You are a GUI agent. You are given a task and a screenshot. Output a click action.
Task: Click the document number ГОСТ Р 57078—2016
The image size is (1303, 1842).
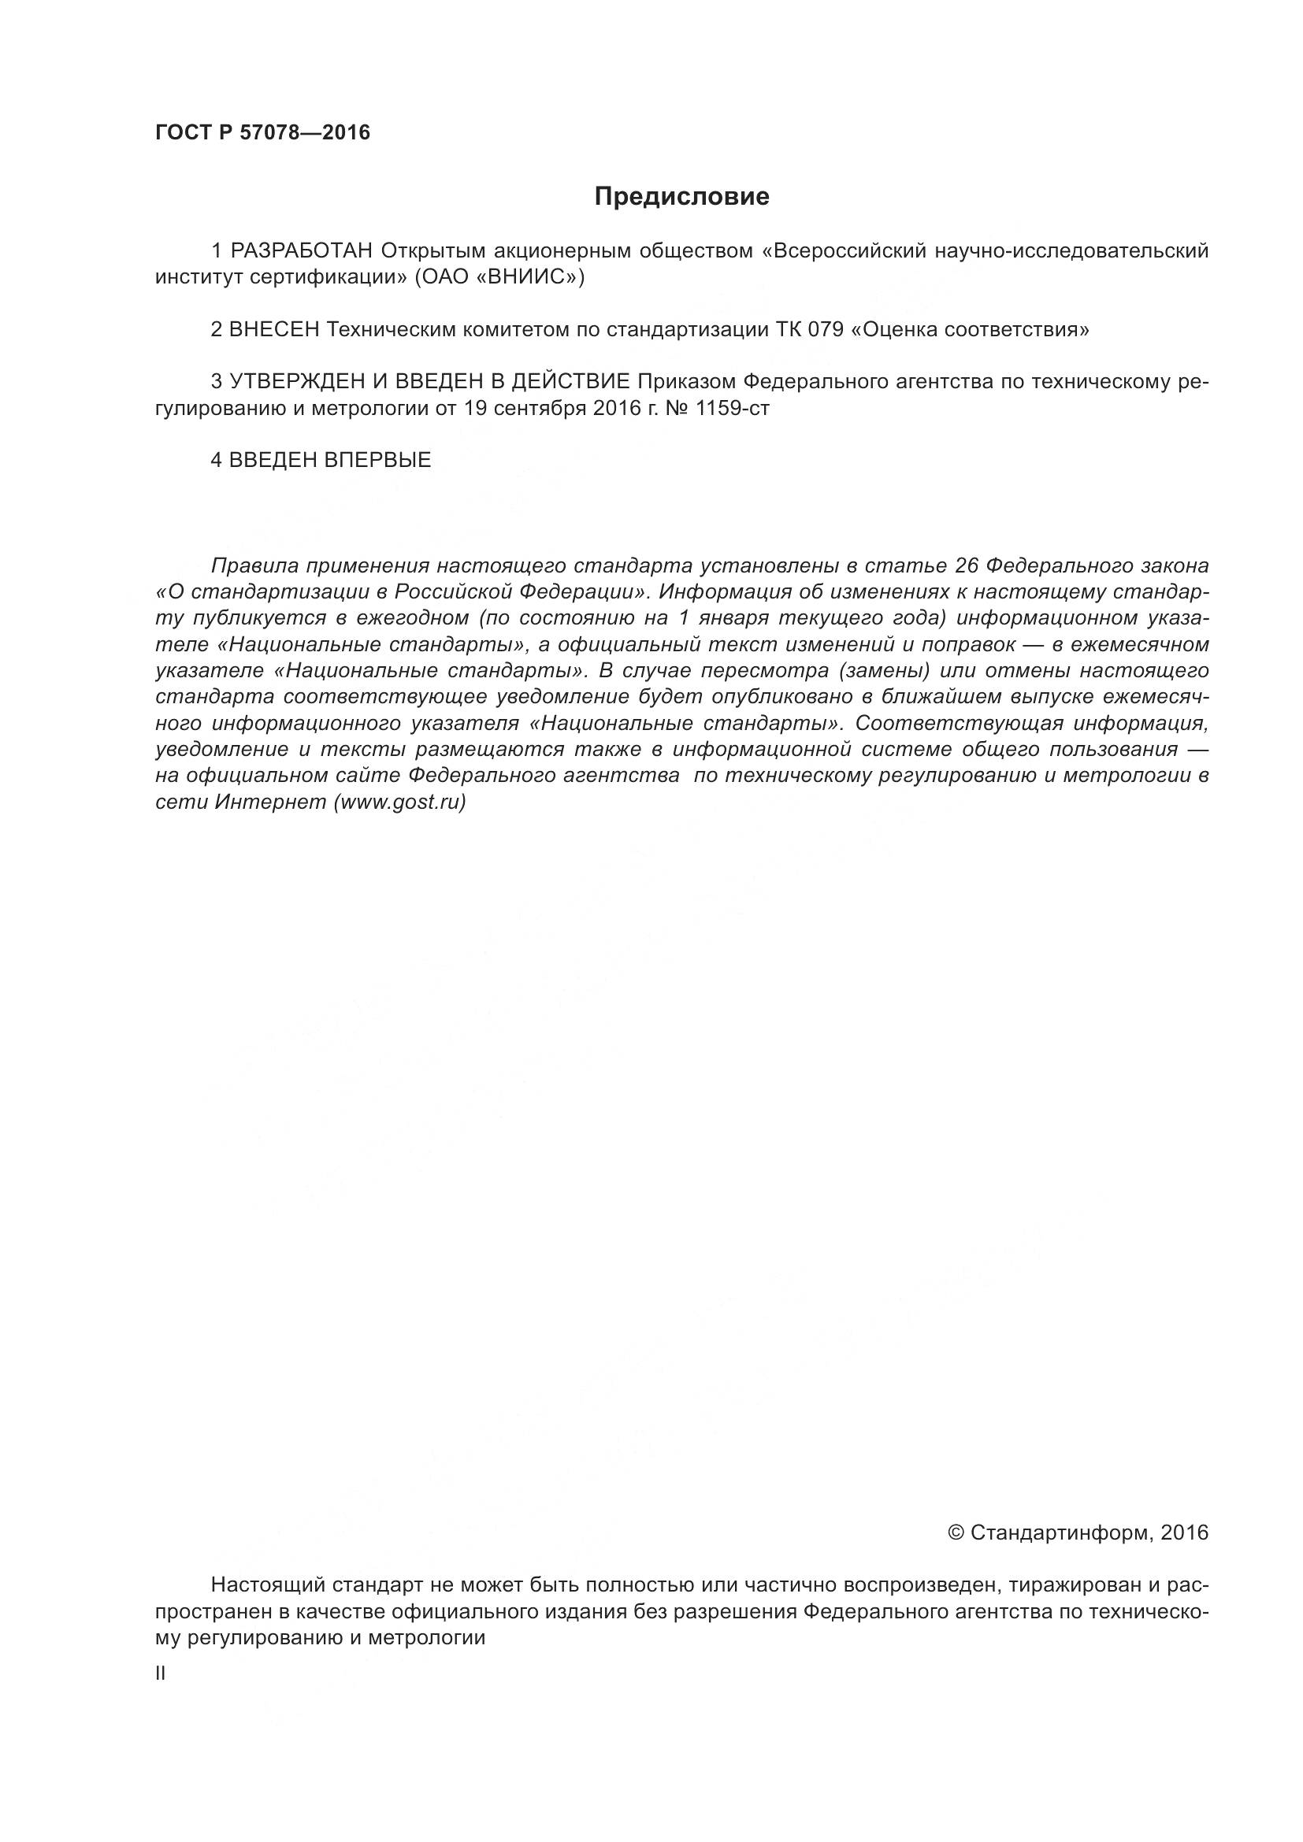pos(262,132)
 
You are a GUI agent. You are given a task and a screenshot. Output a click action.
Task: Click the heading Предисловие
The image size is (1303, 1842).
pos(681,197)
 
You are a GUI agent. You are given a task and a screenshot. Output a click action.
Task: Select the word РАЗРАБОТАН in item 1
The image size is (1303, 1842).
pos(301,251)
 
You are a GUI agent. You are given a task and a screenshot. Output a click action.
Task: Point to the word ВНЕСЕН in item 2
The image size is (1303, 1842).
pos(274,330)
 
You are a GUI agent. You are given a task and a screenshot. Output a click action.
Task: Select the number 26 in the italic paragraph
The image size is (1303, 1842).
pos(964,565)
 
